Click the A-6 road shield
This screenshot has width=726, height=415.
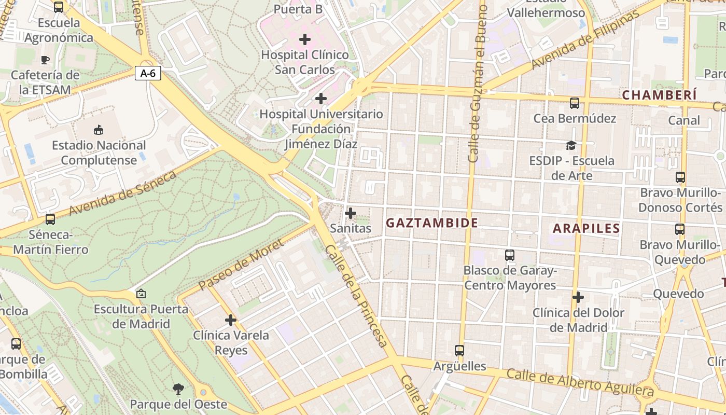click(x=148, y=73)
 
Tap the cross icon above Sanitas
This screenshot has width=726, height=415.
click(x=351, y=213)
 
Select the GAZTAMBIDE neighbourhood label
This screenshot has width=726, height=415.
click(x=432, y=223)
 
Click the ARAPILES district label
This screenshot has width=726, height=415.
click(x=586, y=228)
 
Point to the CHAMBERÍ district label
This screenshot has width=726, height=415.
click(x=659, y=95)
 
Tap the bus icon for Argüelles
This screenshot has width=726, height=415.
click(x=459, y=351)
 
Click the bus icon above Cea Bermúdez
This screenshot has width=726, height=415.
click(x=575, y=103)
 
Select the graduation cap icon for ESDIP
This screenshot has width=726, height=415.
click(x=571, y=145)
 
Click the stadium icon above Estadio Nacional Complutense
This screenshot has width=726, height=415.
click(x=99, y=130)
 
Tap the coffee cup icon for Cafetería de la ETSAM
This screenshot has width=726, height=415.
click(x=45, y=60)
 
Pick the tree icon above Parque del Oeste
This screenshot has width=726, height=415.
click(x=178, y=389)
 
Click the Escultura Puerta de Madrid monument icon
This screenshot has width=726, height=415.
click(x=141, y=294)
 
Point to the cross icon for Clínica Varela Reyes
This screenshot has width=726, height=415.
click(x=231, y=320)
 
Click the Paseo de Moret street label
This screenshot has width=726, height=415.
click(x=241, y=264)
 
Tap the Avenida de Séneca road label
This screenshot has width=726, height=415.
click(x=123, y=193)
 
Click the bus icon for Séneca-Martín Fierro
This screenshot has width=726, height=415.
click(x=50, y=219)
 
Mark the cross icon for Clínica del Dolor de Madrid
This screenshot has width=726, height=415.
click(x=578, y=297)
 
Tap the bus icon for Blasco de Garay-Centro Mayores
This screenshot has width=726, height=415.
click(x=510, y=255)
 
